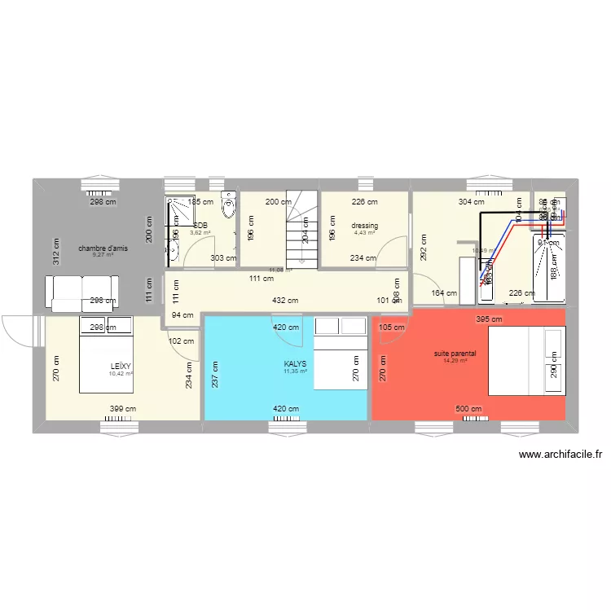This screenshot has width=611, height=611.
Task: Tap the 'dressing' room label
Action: click(365, 226)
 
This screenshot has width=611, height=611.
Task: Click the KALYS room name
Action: click(295, 364)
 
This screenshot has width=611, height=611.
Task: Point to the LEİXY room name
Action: click(121, 366)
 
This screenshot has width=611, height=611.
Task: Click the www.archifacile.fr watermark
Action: click(560, 455)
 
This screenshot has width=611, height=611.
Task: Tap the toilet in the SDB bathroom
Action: click(231, 211)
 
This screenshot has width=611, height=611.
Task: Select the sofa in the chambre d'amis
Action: click(82, 292)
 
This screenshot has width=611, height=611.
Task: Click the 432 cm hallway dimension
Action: click(285, 301)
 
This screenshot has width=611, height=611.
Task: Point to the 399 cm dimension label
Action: click(125, 410)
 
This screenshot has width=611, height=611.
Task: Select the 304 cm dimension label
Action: click(472, 202)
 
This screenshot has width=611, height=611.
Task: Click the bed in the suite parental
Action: click(525, 359)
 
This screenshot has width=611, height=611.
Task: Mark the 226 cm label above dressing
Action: click(364, 202)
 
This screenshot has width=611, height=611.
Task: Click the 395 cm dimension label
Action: click(485, 319)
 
